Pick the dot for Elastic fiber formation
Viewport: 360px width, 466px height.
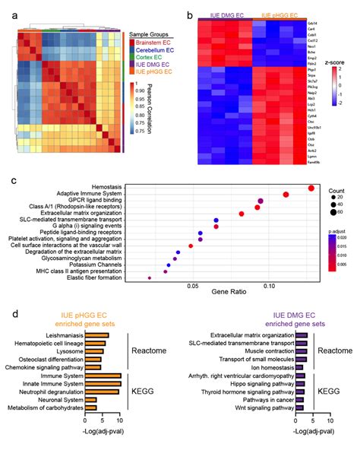150,278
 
